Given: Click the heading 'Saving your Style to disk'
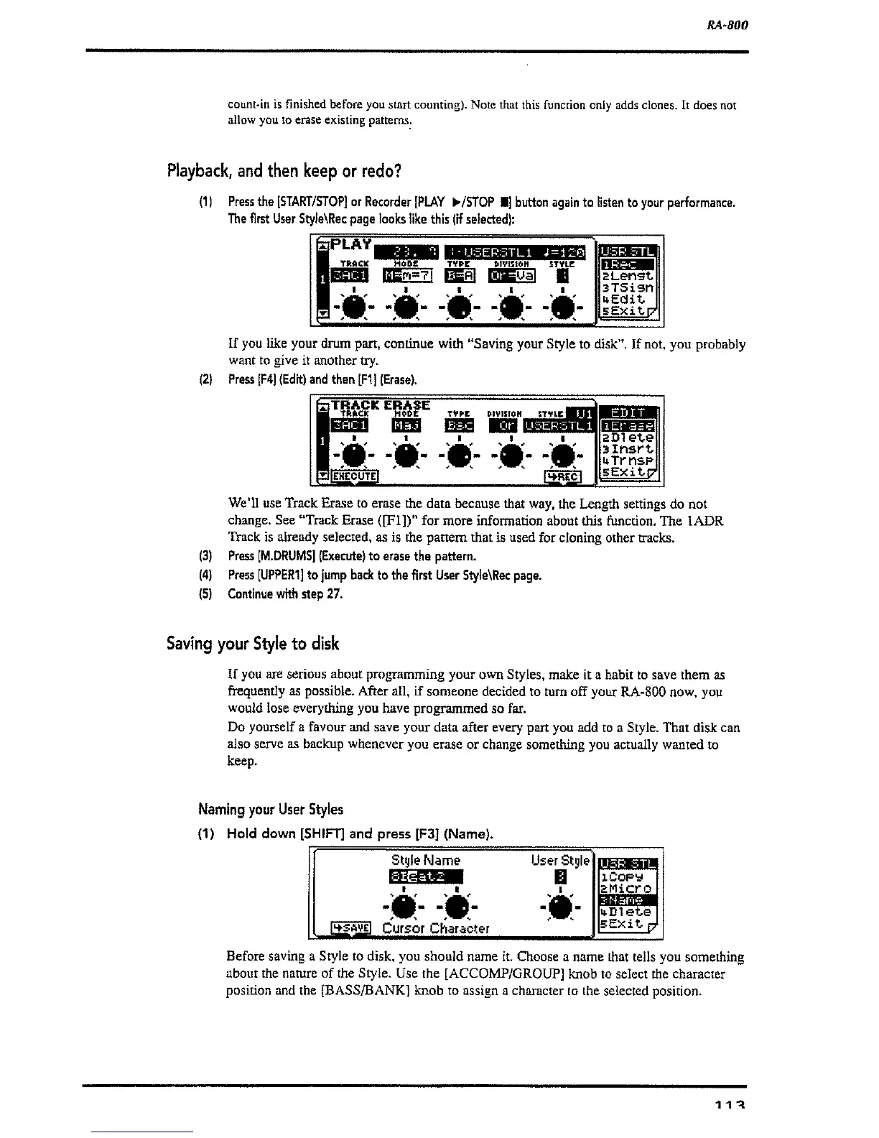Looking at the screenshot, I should (252, 643).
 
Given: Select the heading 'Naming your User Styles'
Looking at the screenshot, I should (271, 809).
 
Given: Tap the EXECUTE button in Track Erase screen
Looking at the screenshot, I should (353, 476).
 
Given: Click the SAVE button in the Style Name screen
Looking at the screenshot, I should (349, 928).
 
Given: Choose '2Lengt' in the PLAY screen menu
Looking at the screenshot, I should (628, 275).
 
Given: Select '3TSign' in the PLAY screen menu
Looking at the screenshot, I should (628, 287).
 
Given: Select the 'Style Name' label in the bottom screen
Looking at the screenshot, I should (426, 860).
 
